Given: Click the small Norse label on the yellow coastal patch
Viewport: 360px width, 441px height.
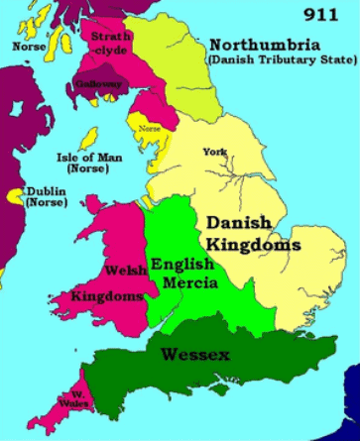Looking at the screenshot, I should click(149, 128).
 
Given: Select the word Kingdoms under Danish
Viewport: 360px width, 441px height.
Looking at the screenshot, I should click(254, 244).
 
